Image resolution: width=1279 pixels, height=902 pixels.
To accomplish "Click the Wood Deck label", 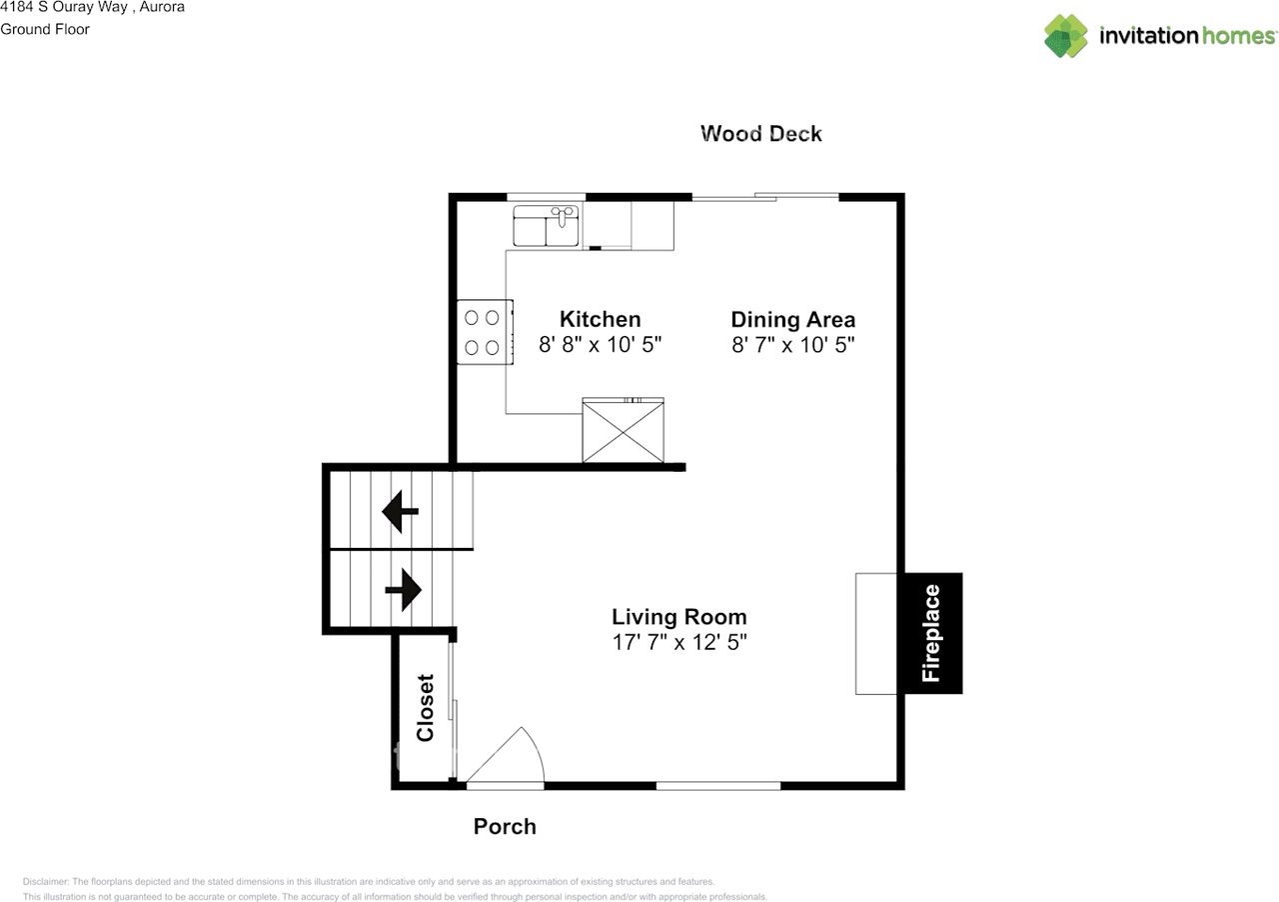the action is coord(761,134).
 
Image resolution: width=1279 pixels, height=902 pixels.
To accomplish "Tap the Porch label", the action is coord(505,827).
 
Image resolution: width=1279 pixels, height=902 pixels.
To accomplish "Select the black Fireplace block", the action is coord(930,633).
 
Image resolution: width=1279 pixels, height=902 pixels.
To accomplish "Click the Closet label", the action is coord(426,708).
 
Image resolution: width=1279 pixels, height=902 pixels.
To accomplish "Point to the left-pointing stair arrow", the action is coord(401,511).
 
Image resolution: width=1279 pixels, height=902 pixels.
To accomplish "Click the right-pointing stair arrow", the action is coord(404,590).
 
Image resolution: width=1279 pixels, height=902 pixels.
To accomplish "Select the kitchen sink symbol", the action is coord(546,226).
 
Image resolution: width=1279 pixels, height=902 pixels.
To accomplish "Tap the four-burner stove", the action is coord(485,332).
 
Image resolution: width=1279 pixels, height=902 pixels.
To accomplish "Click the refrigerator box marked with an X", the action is coord(623,430).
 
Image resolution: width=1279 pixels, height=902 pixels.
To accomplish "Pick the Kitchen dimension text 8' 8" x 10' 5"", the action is coord(601,345).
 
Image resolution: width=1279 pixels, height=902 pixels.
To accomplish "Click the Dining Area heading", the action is coord(793,320).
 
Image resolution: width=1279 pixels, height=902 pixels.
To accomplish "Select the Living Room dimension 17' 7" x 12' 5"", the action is coord(679,642).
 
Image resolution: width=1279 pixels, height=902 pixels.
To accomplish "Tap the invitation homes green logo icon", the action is coord(1066,36).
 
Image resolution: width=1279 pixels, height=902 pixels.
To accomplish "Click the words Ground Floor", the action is coord(45,29).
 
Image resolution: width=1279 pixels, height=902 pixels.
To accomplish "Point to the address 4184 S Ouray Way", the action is coord(64,7).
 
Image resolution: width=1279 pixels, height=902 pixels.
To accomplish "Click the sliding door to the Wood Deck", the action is coord(765,197).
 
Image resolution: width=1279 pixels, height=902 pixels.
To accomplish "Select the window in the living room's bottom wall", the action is coord(718,786).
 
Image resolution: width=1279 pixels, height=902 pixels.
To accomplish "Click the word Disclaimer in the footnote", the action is coord(45,881).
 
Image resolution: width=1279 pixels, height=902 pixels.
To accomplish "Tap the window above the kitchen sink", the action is coord(547,197).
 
